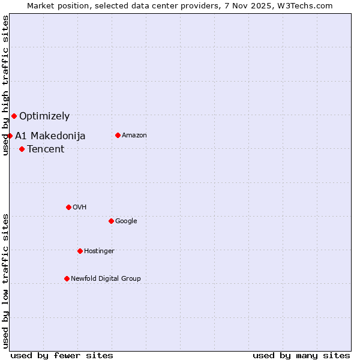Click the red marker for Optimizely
click(x=14, y=116)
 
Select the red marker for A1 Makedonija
click(x=10, y=136)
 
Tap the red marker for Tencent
click(x=22, y=149)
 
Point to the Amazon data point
click(x=118, y=135)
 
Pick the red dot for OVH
click(x=68, y=207)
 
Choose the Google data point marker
click(x=111, y=221)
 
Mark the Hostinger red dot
click(x=80, y=251)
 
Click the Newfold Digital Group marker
click(x=67, y=278)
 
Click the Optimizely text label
click(x=44, y=116)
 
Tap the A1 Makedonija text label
click(x=50, y=136)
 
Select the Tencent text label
click(x=46, y=149)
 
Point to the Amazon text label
click(x=134, y=135)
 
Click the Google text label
click(x=126, y=221)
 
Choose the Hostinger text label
click(x=99, y=251)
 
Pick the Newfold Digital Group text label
click(x=106, y=278)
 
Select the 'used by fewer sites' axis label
click(x=62, y=355)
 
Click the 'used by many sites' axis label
click(x=301, y=355)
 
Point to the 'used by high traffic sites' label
click(x=5, y=86)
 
